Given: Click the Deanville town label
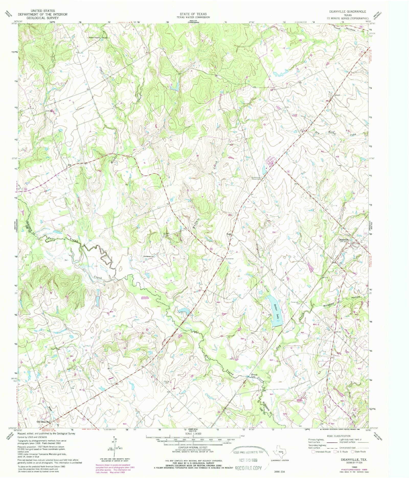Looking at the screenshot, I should click(x=344, y=240).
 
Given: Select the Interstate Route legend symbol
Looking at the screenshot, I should click(x=313, y=452).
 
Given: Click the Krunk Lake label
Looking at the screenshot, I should click(x=254, y=376).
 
